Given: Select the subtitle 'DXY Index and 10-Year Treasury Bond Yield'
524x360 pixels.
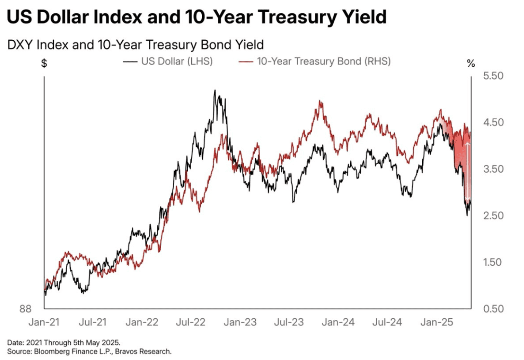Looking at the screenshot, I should tap(136, 45).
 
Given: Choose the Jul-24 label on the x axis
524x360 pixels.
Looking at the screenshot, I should tap(387, 323).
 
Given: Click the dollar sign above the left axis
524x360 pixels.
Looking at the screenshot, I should tap(44, 63).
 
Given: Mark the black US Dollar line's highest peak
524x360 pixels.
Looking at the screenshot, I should tap(215, 91).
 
